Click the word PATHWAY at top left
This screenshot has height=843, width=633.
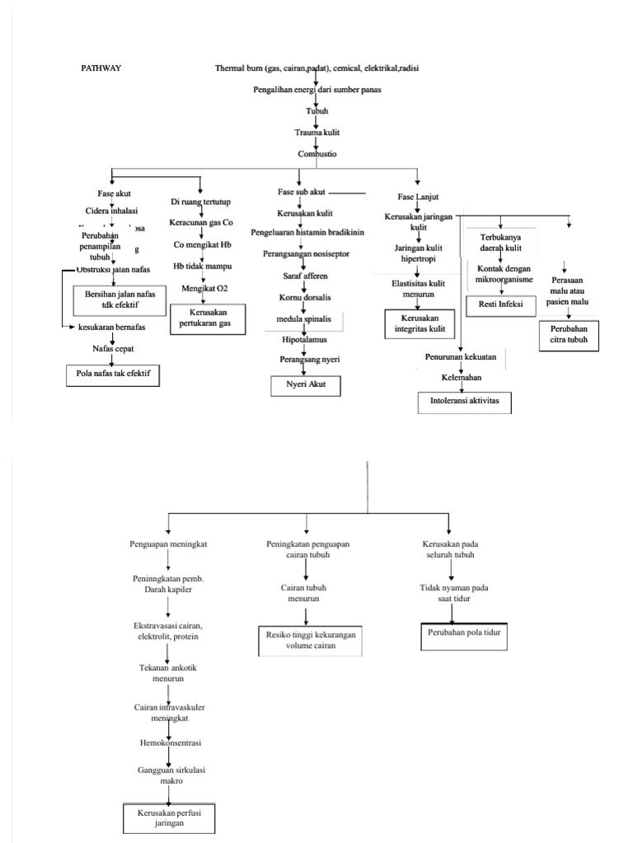click(x=101, y=68)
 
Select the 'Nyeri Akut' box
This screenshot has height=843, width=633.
click(x=305, y=384)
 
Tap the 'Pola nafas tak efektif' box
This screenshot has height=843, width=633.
click(x=113, y=376)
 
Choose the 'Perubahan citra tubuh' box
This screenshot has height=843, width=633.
click(x=570, y=335)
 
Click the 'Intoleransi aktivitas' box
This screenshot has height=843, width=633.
click(x=465, y=402)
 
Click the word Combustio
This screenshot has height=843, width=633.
click(x=317, y=153)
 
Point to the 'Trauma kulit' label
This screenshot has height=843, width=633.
click(x=317, y=132)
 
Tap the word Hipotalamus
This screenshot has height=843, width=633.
click(x=304, y=338)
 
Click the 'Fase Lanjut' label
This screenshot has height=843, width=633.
click(x=417, y=198)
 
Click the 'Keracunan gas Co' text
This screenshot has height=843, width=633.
click(x=201, y=223)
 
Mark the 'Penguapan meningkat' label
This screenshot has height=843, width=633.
click(x=168, y=545)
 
